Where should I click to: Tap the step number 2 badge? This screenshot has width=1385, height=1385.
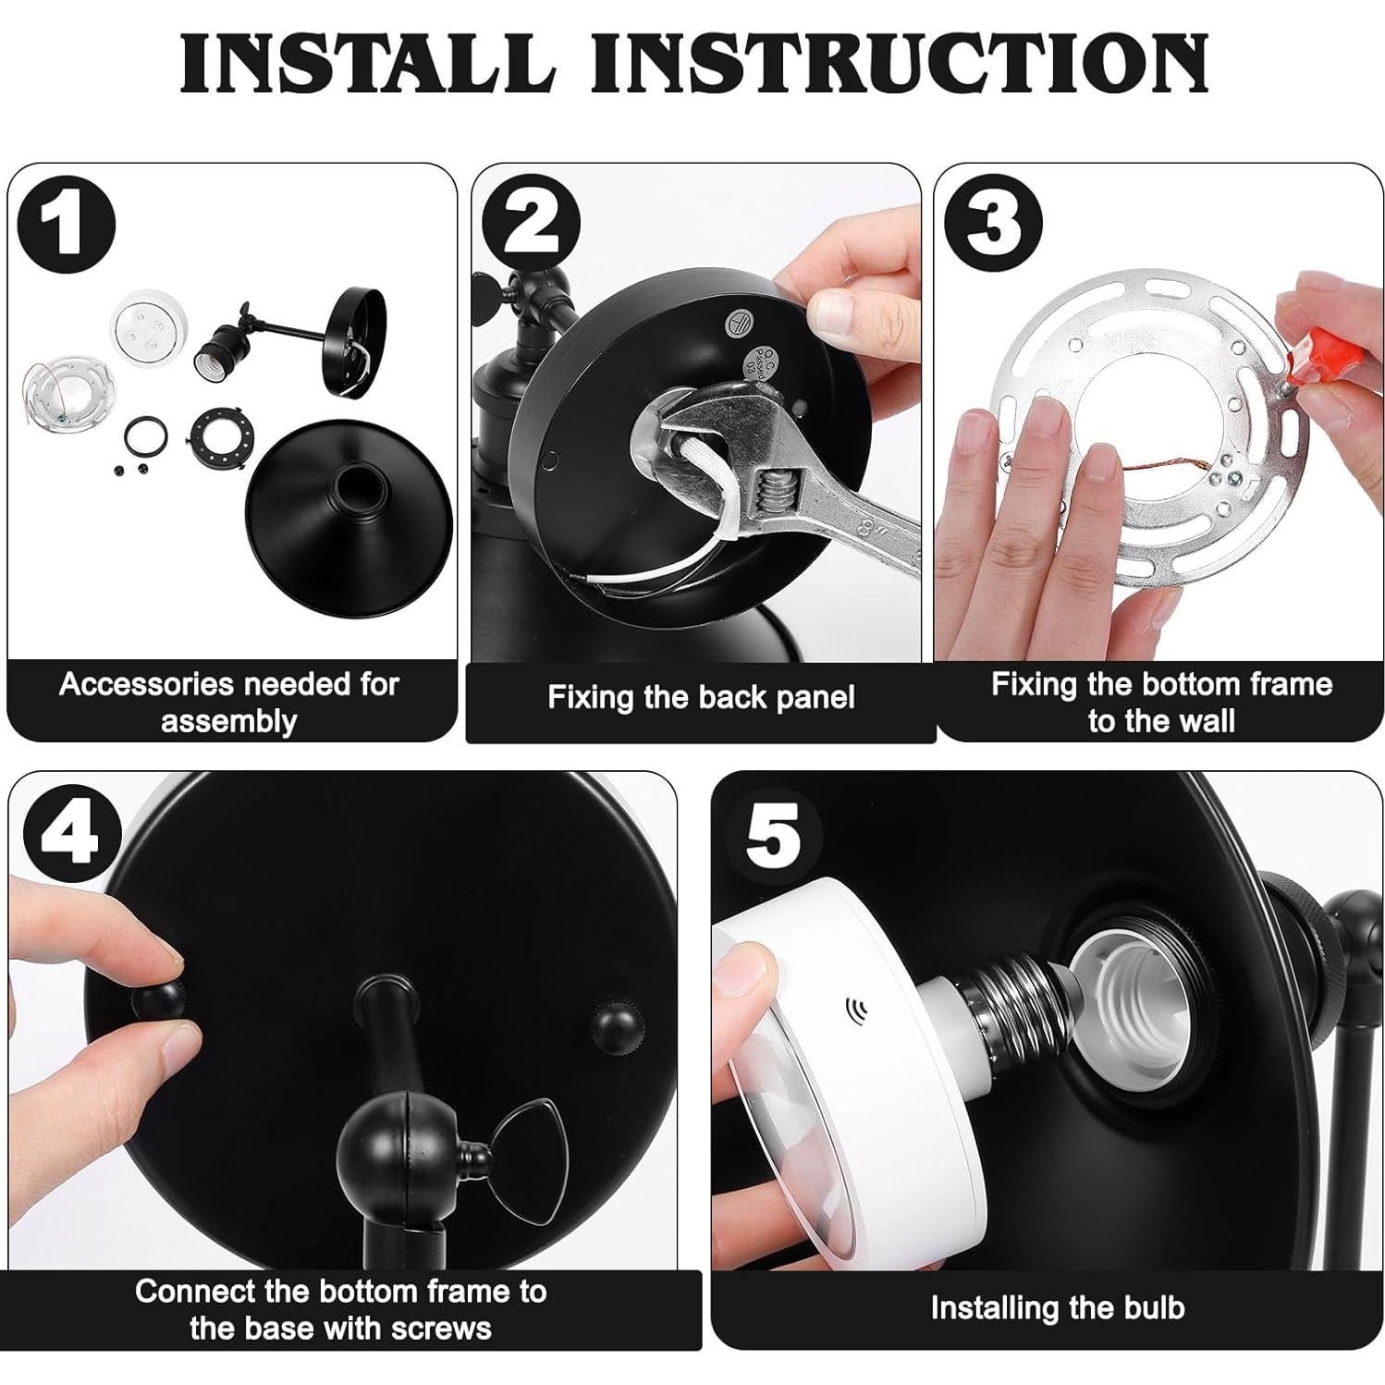coord(531,224)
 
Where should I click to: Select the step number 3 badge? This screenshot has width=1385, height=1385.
coord(991,224)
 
